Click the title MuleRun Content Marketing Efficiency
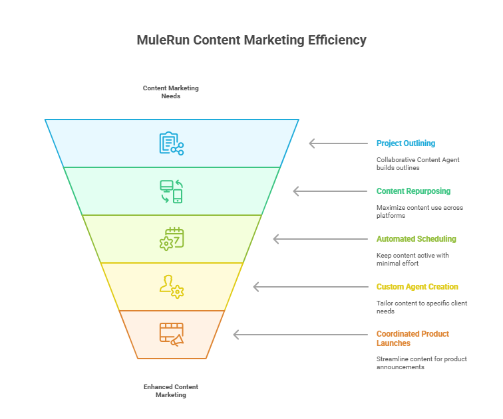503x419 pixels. (x=251, y=41)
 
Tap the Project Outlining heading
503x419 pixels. (x=405, y=143)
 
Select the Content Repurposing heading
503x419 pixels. (x=413, y=191)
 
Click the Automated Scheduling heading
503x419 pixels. (x=416, y=239)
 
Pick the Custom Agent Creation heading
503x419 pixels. (x=417, y=287)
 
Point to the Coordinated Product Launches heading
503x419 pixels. (x=412, y=339)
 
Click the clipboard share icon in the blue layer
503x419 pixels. (x=171, y=143)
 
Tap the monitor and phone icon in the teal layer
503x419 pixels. (x=171, y=191)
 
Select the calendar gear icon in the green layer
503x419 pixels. (x=172, y=239)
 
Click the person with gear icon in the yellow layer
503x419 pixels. (x=172, y=287)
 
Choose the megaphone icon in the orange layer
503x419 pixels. (x=172, y=335)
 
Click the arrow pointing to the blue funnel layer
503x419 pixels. (x=339, y=143)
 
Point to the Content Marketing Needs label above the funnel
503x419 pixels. (x=171, y=92)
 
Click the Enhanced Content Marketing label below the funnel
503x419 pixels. (x=171, y=390)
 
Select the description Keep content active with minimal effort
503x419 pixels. (x=413, y=259)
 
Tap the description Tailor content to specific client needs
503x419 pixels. (x=422, y=307)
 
